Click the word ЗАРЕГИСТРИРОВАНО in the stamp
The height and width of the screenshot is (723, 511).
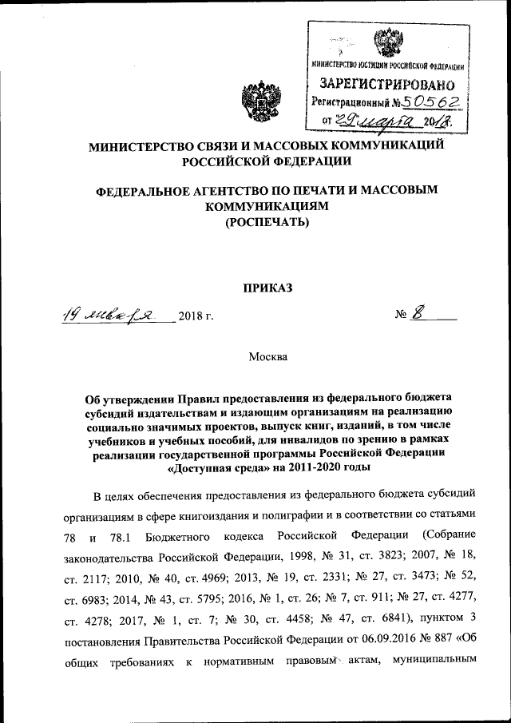(x=387, y=84)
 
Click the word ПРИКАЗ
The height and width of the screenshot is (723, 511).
(x=267, y=288)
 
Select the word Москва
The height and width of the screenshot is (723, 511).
(x=268, y=356)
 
